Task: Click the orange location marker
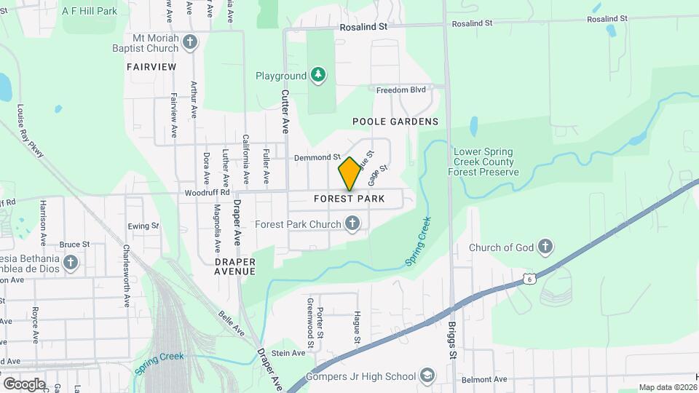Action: pyautogui.click(x=349, y=173)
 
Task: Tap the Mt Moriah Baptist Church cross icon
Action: pyautogui.click(x=190, y=41)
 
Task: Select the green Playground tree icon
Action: pyautogui.click(x=317, y=75)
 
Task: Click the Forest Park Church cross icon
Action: pyautogui.click(x=352, y=223)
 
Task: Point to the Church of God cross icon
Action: pyautogui.click(x=544, y=247)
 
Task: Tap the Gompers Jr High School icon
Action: pyautogui.click(x=428, y=376)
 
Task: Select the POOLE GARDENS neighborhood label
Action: pyautogui.click(x=395, y=122)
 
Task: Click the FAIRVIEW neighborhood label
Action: pyautogui.click(x=151, y=66)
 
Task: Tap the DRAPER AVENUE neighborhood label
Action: pyautogui.click(x=235, y=266)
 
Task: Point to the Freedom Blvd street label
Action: pyautogui.click(x=400, y=90)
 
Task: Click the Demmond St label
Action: pyautogui.click(x=317, y=157)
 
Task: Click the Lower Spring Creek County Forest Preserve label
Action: pyautogui.click(x=486, y=162)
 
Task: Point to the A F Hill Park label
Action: pyautogui.click(x=90, y=11)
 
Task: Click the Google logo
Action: pyautogui.click(x=23, y=384)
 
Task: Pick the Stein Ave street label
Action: pyautogui.click(x=288, y=353)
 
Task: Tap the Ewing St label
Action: pyautogui.click(x=143, y=226)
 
